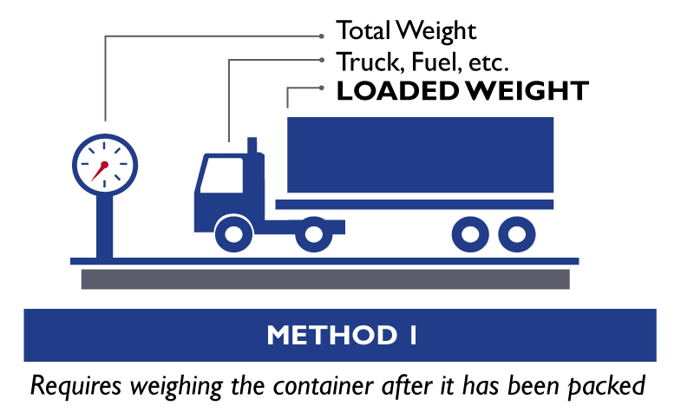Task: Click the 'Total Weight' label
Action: tap(407, 32)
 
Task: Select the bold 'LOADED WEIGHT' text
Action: tap(462, 90)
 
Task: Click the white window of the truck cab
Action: tap(222, 174)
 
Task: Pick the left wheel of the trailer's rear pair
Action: tap(469, 233)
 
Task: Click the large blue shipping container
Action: tap(420, 154)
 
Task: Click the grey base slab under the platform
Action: tap(325, 278)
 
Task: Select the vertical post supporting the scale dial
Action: tap(105, 221)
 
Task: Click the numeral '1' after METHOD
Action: tap(412, 335)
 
